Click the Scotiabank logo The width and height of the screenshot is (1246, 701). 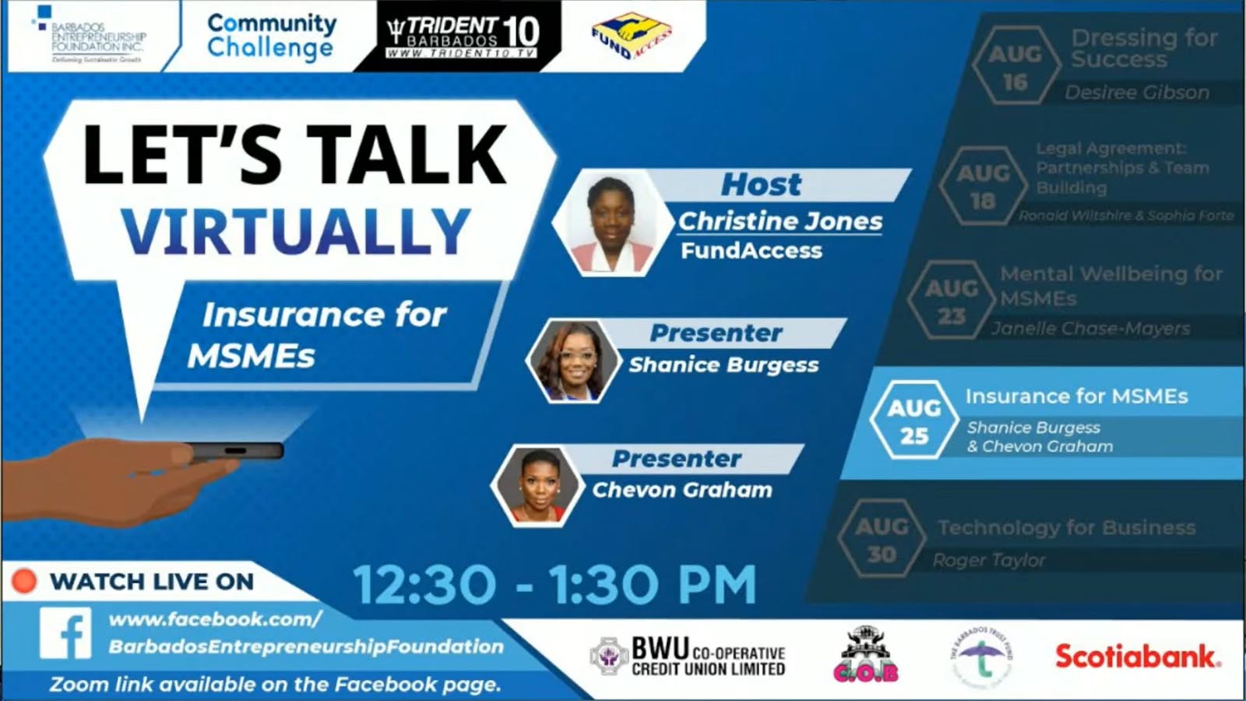click(1137, 657)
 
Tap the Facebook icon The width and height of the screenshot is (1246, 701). click(66, 632)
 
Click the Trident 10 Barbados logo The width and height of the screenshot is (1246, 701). click(463, 36)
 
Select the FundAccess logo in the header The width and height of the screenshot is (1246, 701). click(631, 36)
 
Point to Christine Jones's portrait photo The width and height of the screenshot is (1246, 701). click(611, 223)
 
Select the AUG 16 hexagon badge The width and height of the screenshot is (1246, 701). click(1015, 67)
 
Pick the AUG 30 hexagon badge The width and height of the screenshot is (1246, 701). click(882, 540)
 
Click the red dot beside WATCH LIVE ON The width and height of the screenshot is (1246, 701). click(24, 581)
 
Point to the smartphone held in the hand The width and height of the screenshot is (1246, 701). click(234, 451)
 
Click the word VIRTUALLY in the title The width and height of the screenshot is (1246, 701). click(296, 232)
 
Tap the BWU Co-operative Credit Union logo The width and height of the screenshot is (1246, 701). click(688, 657)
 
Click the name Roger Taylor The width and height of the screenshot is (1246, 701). click(989, 560)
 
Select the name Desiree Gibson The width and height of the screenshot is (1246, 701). click(1137, 93)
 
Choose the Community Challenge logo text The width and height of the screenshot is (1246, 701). click(271, 36)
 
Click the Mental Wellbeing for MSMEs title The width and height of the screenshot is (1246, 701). click(1110, 286)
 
